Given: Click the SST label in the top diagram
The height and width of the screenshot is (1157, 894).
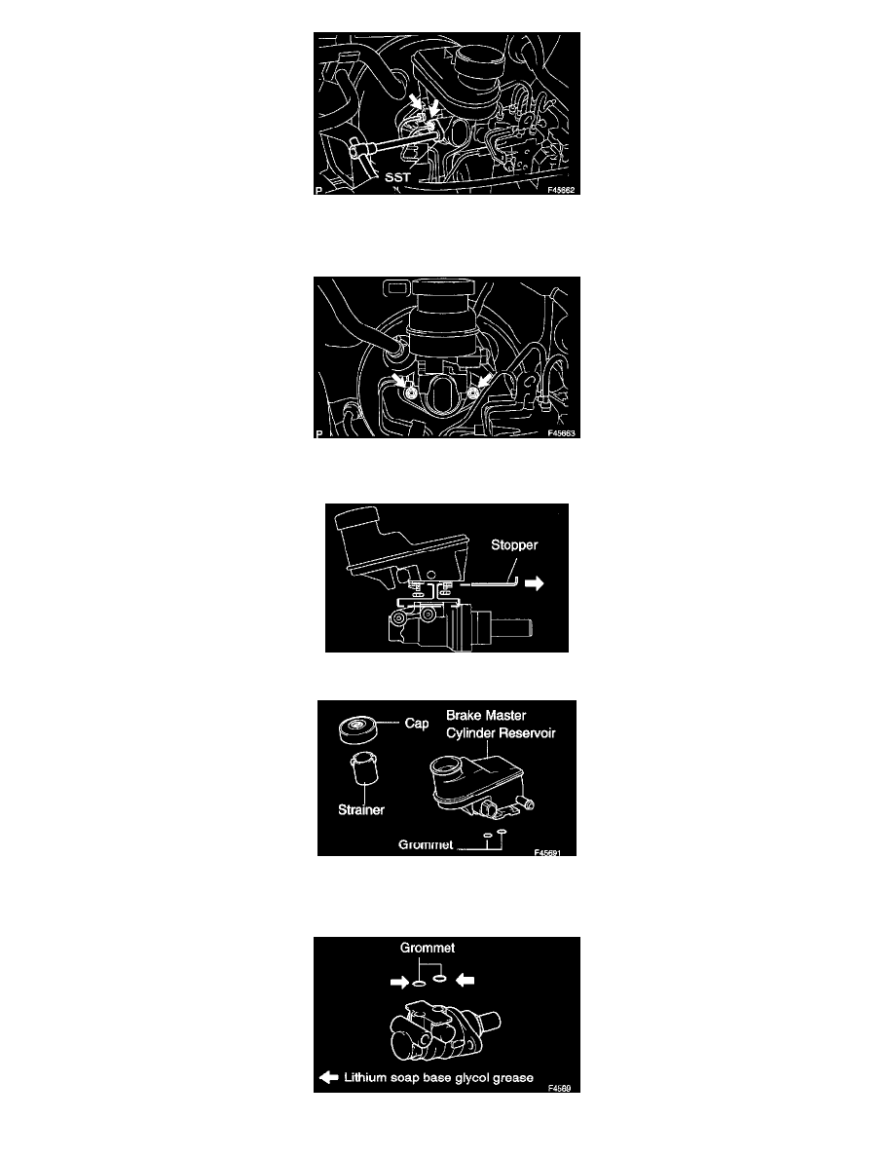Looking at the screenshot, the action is (x=396, y=177).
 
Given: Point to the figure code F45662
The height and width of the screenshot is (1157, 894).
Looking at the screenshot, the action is (x=561, y=190).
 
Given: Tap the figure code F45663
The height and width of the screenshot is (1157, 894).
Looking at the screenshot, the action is (x=561, y=433).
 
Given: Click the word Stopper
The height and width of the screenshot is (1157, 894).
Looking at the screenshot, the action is (x=514, y=544).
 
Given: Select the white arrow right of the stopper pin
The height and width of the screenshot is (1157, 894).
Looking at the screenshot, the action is (x=534, y=583).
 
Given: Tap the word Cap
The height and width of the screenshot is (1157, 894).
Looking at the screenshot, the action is (x=417, y=723).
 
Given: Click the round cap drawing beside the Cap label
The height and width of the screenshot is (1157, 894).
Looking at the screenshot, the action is (x=357, y=729).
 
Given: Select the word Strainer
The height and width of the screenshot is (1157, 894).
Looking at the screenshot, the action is (x=360, y=809).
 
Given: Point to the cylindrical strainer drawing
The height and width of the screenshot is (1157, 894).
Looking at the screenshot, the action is (x=363, y=768).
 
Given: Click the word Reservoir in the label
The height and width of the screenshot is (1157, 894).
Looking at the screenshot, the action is (x=524, y=732).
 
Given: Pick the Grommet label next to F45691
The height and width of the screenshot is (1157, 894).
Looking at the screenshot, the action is (x=426, y=844).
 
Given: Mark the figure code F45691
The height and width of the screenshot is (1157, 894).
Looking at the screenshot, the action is (x=547, y=852).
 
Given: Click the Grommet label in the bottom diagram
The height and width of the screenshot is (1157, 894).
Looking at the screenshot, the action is (x=428, y=948).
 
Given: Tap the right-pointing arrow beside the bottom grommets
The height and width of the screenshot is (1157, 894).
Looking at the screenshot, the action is (x=400, y=982).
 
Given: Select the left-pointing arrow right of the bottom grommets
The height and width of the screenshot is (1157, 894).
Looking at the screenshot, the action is (x=466, y=980).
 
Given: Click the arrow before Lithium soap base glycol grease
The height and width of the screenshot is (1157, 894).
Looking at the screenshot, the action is (x=328, y=1077).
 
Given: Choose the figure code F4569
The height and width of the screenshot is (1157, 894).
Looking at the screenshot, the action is (x=559, y=1088).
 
